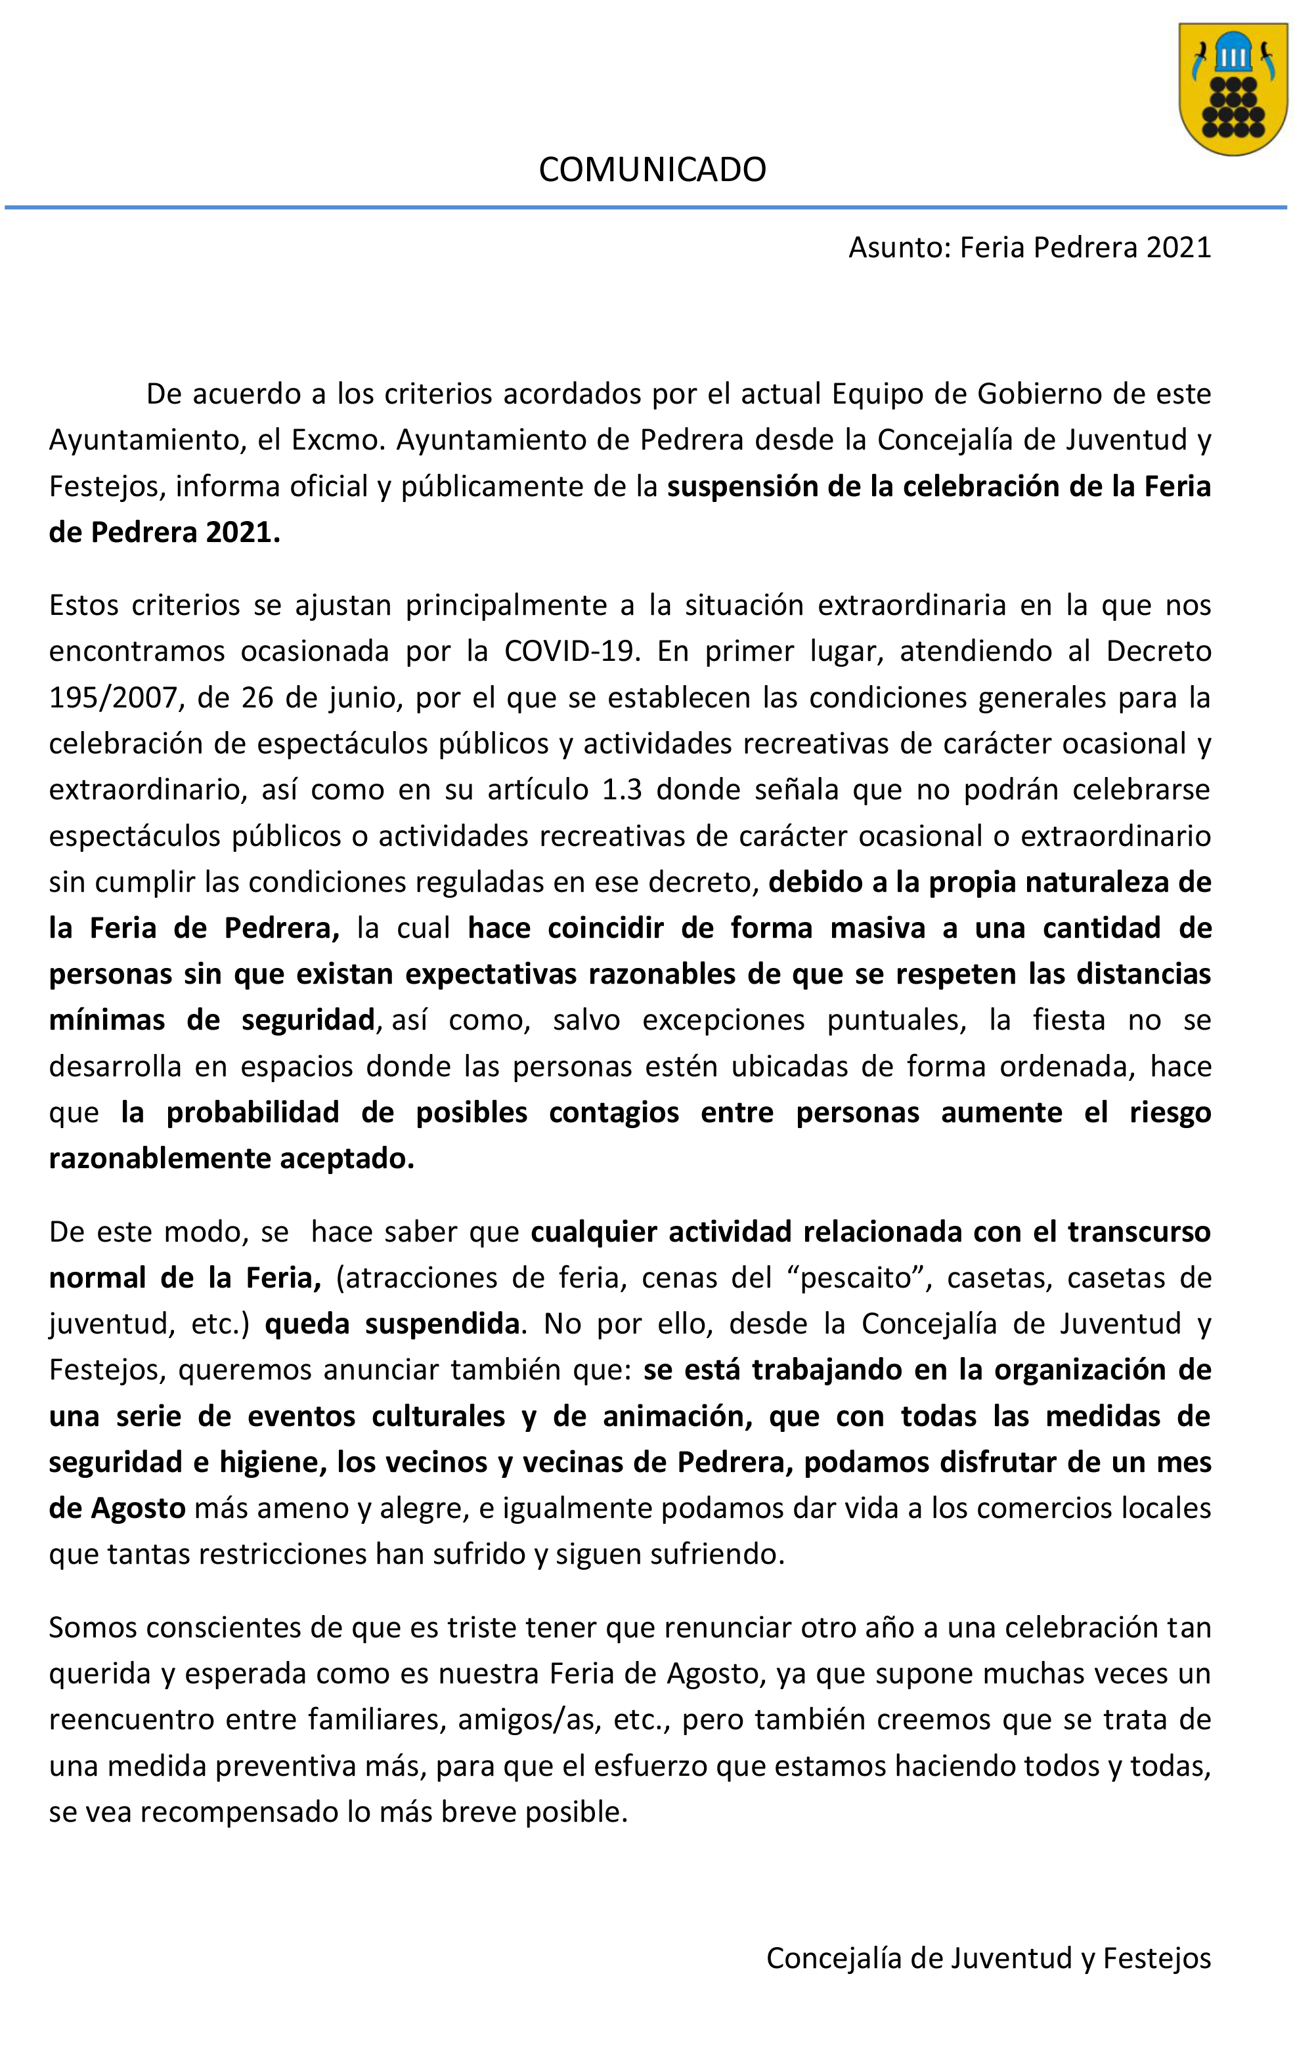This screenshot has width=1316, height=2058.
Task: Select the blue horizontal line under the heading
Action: [x=646, y=207]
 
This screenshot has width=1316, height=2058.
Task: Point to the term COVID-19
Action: [x=572, y=651]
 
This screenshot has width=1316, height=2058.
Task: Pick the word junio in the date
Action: [x=365, y=698]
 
